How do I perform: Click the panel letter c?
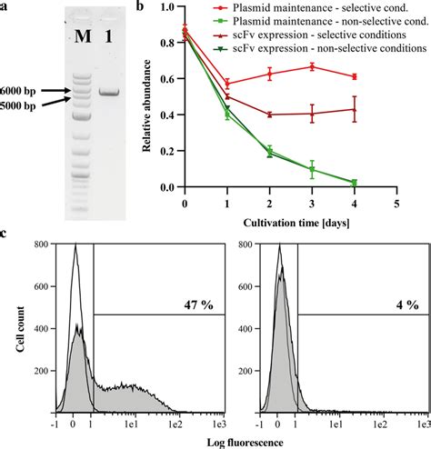pos(5,234)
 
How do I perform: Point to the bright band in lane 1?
pos(110,92)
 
